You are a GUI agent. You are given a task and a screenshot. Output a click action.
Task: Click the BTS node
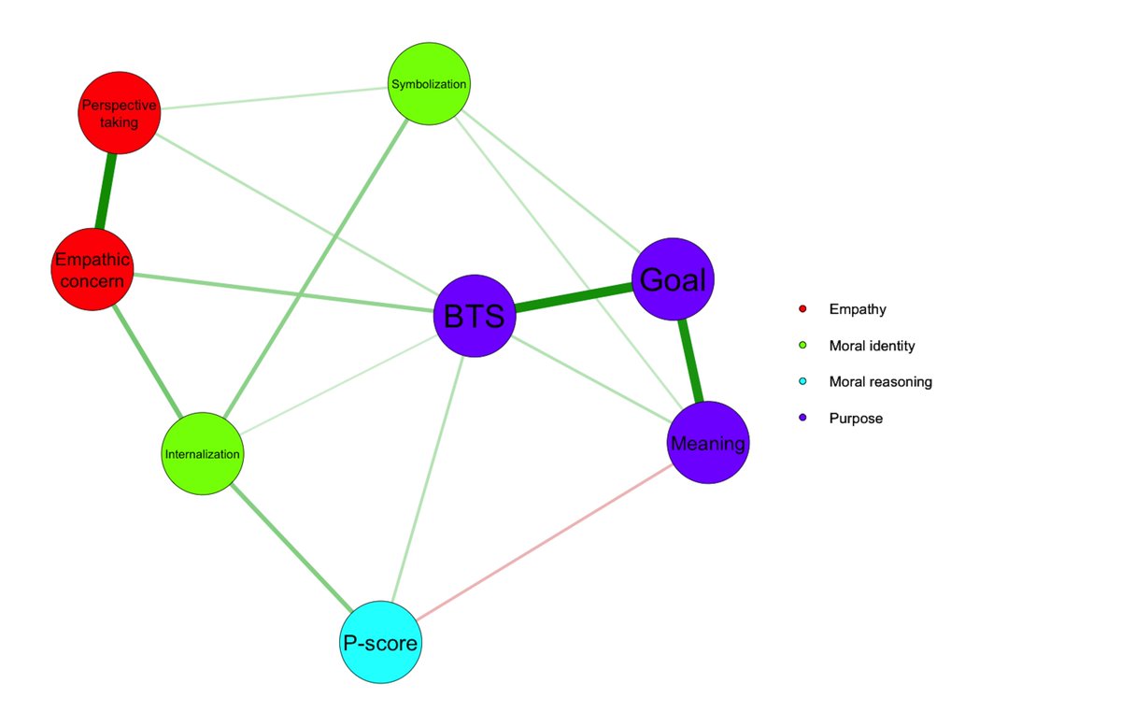click(x=475, y=316)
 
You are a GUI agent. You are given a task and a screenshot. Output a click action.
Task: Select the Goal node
click(x=673, y=279)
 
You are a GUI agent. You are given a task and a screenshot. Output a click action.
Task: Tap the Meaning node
click(x=708, y=443)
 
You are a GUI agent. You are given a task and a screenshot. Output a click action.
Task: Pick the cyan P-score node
click(x=379, y=642)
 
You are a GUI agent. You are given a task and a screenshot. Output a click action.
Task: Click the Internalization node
click(x=203, y=454)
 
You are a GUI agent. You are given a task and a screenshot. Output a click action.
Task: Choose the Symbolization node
click(x=429, y=84)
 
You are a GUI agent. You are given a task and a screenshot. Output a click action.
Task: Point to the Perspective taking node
click(x=119, y=112)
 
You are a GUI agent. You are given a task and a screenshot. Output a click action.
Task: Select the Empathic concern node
click(x=92, y=269)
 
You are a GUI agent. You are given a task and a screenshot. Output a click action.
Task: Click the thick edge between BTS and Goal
click(x=574, y=298)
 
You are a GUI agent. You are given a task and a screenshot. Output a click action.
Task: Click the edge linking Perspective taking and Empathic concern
click(x=106, y=191)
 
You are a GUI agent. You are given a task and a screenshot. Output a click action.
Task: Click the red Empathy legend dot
click(x=802, y=308)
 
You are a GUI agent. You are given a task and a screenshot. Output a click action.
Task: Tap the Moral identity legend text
click(x=872, y=346)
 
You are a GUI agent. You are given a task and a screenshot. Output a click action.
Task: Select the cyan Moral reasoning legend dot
click(x=802, y=382)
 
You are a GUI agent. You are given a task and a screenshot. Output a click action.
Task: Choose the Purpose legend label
click(x=856, y=419)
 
